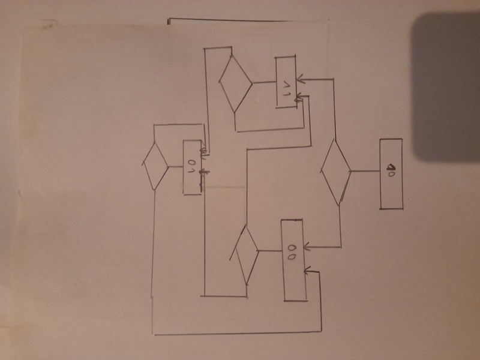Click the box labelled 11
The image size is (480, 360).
[286, 82]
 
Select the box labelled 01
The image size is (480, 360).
[192, 167]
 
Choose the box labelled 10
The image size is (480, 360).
[391, 173]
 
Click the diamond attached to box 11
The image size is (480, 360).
[235, 82]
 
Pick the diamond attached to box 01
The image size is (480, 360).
[155, 165]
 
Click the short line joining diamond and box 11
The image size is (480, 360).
[264, 82]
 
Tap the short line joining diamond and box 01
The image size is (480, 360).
[175, 166]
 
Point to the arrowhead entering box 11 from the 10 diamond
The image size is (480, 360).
[299, 79]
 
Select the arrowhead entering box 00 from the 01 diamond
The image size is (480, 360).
[307, 271]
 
